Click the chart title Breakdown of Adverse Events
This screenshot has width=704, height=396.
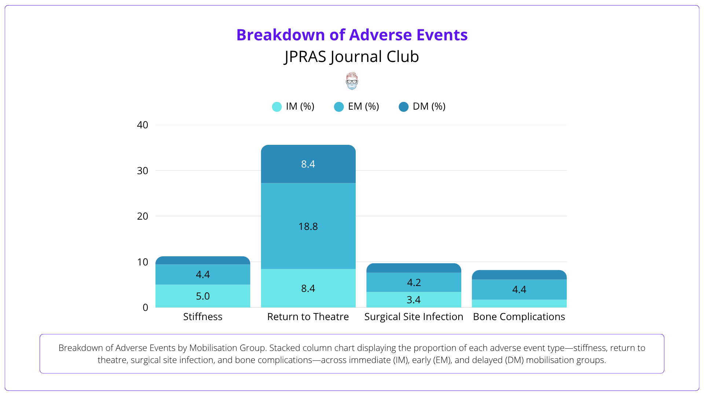pyautogui.click(x=352, y=35)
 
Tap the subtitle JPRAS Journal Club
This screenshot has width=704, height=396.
pyautogui.click(x=352, y=57)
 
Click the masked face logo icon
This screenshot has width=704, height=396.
pyautogui.click(x=352, y=81)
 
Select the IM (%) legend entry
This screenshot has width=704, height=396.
pyautogui.click(x=293, y=106)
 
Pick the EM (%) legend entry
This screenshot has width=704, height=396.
pyautogui.click(x=357, y=106)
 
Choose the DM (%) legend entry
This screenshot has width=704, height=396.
pyautogui.click(x=422, y=106)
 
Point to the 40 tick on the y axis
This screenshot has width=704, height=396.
pyautogui.click(x=142, y=125)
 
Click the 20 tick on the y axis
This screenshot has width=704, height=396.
pyautogui.click(x=142, y=216)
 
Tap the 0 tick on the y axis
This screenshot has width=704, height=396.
pyautogui.click(x=145, y=308)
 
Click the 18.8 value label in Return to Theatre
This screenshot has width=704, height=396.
pyautogui.click(x=308, y=227)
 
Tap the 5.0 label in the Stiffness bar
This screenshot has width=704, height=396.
pyautogui.click(x=203, y=296)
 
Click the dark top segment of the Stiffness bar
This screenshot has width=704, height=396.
pyautogui.click(x=203, y=260)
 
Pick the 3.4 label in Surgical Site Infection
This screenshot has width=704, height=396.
pyautogui.click(x=414, y=300)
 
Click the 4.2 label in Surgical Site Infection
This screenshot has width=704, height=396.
pyautogui.click(x=414, y=282)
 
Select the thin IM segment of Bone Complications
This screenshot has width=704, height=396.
pyautogui.click(x=519, y=304)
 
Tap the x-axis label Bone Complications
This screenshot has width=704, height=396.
pyautogui.click(x=519, y=317)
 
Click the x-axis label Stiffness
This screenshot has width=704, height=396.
pyautogui.click(x=203, y=317)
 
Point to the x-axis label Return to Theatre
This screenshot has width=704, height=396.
pyautogui.click(x=308, y=317)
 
